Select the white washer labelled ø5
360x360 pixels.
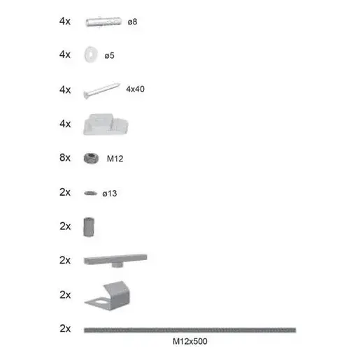[x=90, y=54]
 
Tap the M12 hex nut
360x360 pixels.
[x=89, y=158]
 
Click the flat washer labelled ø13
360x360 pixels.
[x=89, y=192]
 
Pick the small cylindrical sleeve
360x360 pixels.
[x=89, y=226]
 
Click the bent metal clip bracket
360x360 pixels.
[x=108, y=294]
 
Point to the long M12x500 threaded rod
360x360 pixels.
[x=189, y=329]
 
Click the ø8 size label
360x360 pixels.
[x=132, y=22]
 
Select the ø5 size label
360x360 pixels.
[x=109, y=55]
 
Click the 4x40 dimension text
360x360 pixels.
[x=136, y=89]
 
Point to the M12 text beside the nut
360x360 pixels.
[x=115, y=159]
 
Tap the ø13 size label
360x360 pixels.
[x=110, y=193]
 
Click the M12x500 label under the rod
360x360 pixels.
[x=189, y=342]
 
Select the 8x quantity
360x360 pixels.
[x=65, y=158]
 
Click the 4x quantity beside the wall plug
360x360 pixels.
[x=65, y=22]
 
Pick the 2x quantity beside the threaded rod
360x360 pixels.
[x=65, y=329]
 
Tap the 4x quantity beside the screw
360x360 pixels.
[x=65, y=89]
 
